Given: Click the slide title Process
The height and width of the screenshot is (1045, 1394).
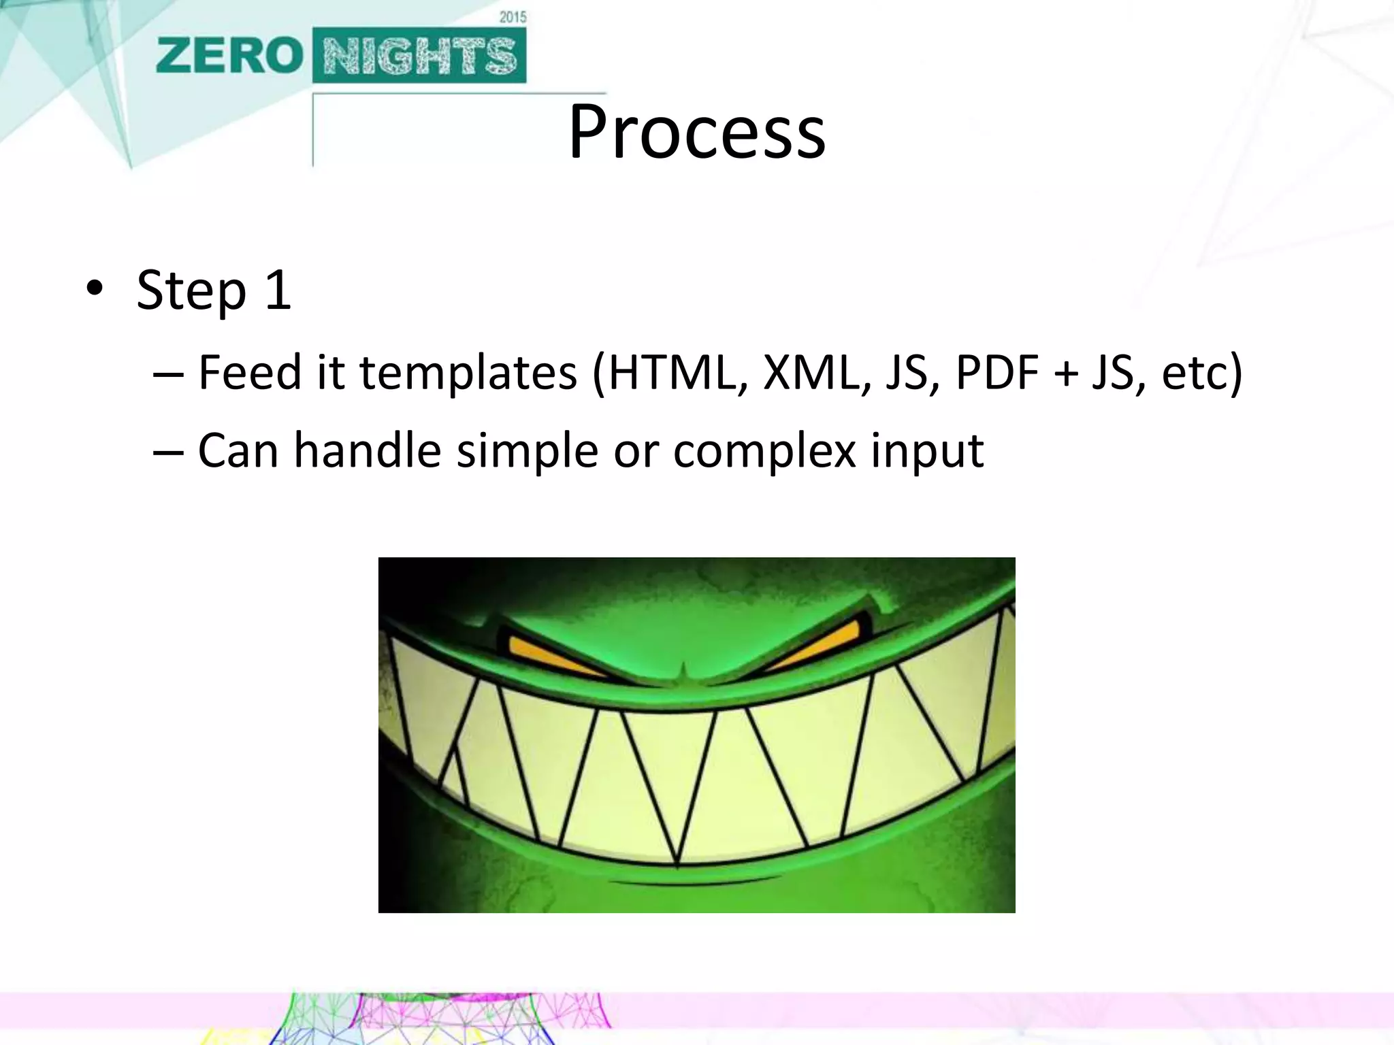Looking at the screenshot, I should click(x=697, y=133).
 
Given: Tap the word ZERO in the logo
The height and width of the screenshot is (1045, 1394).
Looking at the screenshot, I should click(x=229, y=56).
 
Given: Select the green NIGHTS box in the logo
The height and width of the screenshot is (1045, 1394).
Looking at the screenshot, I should click(x=419, y=56).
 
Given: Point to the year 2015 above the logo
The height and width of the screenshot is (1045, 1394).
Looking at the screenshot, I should click(x=513, y=17).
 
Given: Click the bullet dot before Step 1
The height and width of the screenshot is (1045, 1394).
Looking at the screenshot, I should click(x=95, y=290).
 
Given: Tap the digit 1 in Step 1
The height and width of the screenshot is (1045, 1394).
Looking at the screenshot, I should click(x=278, y=290).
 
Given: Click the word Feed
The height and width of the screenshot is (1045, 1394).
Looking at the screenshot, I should click(x=250, y=373).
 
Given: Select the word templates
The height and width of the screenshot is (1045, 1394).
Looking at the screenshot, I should click(x=468, y=374).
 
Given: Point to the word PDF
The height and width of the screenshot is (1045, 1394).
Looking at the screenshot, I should click(x=997, y=373).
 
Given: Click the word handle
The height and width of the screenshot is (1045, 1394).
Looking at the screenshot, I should click(x=368, y=450).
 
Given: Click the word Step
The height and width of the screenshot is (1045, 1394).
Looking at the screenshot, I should click(x=191, y=291).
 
